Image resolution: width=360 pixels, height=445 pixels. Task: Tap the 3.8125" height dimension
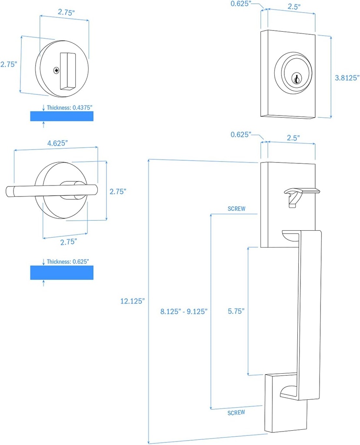tap(347, 78)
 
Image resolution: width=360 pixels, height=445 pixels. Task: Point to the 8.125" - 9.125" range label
tap(184, 311)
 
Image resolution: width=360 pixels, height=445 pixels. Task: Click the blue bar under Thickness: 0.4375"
tap(61, 116)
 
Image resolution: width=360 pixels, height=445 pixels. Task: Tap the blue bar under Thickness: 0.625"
tap(61, 273)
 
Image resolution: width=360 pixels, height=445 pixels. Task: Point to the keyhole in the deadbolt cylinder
tap(296, 79)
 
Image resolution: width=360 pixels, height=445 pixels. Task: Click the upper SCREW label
tap(237, 209)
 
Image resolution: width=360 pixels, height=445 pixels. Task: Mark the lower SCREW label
tap(237, 412)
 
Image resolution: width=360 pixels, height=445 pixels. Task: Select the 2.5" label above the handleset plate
tap(292, 137)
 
